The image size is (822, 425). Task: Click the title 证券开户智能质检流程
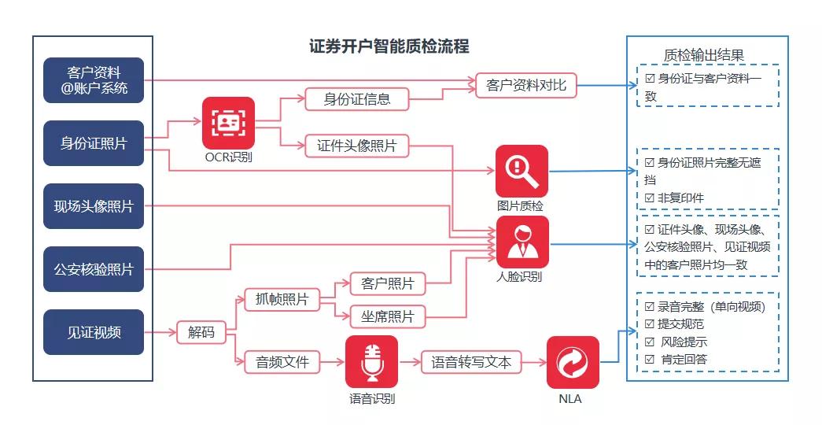pos(389,46)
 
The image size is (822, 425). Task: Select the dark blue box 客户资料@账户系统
pos(94,79)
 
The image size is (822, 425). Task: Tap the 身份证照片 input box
pos(94,143)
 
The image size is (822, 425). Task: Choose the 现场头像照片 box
pos(94,206)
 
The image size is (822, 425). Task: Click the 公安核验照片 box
pos(94,269)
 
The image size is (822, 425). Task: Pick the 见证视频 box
pos(94,332)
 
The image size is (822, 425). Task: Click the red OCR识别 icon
pos(228,123)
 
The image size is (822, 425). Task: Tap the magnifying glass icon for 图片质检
pos(522,171)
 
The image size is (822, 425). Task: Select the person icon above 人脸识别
pos(522,242)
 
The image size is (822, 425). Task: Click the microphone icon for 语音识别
pos(371,361)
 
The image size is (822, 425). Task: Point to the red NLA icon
pos(573,362)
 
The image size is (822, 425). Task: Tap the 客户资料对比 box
pos(525,85)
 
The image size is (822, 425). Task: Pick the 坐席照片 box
pos(387,316)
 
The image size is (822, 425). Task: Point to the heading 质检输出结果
pos(703,54)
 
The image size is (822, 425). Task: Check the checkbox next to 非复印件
pos(650,198)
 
